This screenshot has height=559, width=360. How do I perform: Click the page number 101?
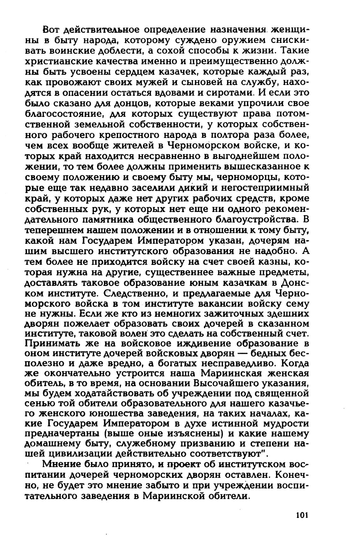click(302, 515)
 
